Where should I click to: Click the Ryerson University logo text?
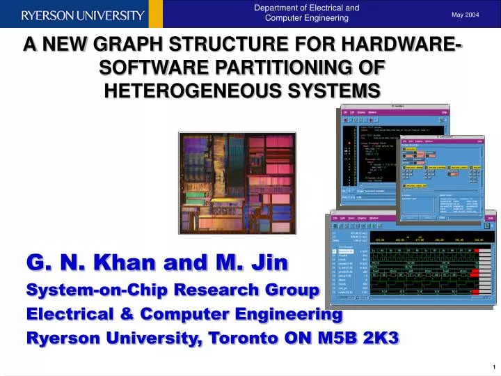[x=83, y=15]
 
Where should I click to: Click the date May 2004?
[x=466, y=14]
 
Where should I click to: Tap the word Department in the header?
[x=278, y=8]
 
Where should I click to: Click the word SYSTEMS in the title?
[x=335, y=91]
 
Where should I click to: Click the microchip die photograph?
[x=237, y=182]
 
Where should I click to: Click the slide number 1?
[x=492, y=367]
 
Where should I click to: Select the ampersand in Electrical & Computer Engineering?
[x=129, y=314]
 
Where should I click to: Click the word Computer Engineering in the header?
[x=307, y=18]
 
